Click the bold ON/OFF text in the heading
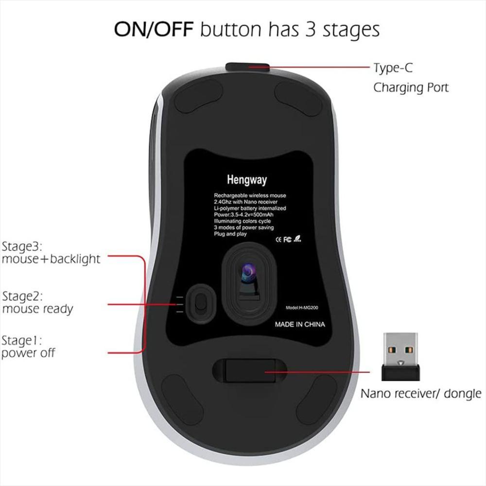[154, 29]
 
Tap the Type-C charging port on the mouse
[247, 66]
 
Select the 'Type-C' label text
[393, 68]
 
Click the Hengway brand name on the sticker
[247, 180]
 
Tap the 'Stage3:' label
[22, 247]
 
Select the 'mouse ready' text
[37, 309]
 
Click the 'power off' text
[28, 353]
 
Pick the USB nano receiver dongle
[401, 357]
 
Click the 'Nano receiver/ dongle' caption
[421, 394]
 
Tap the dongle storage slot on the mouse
[250, 370]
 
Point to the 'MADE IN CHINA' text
[300, 325]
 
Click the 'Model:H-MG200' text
[302, 308]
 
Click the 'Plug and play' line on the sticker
[230, 234]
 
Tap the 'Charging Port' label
[411, 87]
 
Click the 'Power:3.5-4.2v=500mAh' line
[243, 214]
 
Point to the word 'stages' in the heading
[351, 30]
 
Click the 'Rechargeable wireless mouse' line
[250, 195]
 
